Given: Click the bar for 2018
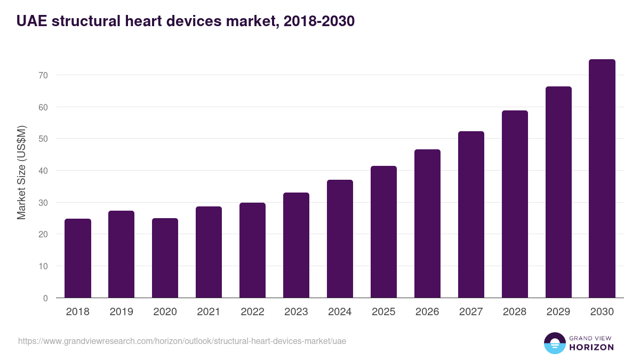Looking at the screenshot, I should point(78,259).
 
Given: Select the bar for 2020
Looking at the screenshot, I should point(165,258).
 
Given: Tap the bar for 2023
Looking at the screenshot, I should point(297,245).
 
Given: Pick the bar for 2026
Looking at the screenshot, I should point(428,224).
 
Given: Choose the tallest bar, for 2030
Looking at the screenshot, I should point(602,179).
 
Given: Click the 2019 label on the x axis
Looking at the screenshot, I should point(122,312).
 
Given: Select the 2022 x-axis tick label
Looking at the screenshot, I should point(253,312).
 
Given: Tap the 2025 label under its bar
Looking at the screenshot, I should point(384,312).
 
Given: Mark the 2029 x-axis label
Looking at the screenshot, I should point(558,312).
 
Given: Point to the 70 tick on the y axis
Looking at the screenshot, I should point(43,76).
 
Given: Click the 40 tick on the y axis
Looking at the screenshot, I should point(43,171).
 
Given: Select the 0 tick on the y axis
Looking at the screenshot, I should point(46,298).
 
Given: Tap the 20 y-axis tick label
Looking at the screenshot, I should point(43,235).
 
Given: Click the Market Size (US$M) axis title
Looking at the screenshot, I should point(21,172).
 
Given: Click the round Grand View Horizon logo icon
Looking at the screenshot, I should point(555,343).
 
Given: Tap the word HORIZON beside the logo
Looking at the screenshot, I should point(591,347).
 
